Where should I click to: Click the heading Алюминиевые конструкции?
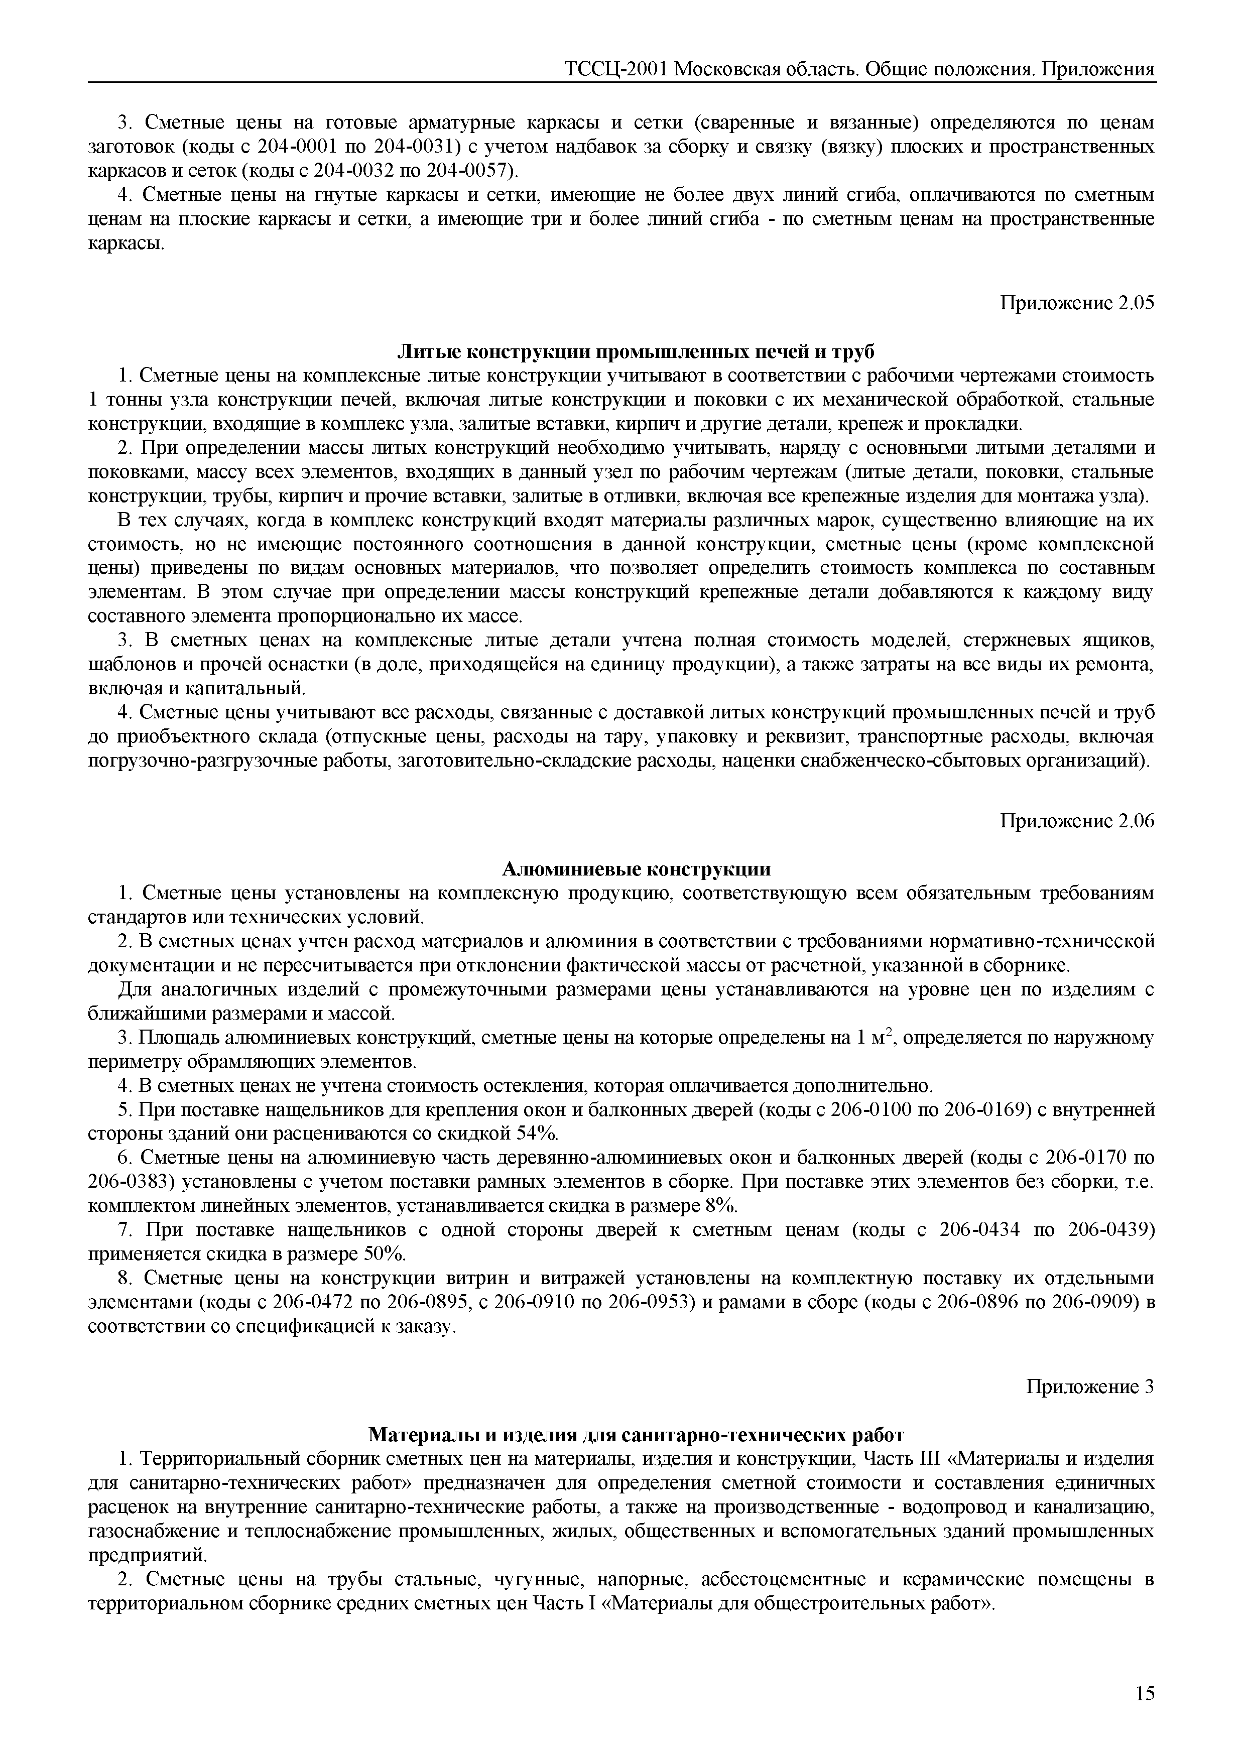(636, 869)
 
